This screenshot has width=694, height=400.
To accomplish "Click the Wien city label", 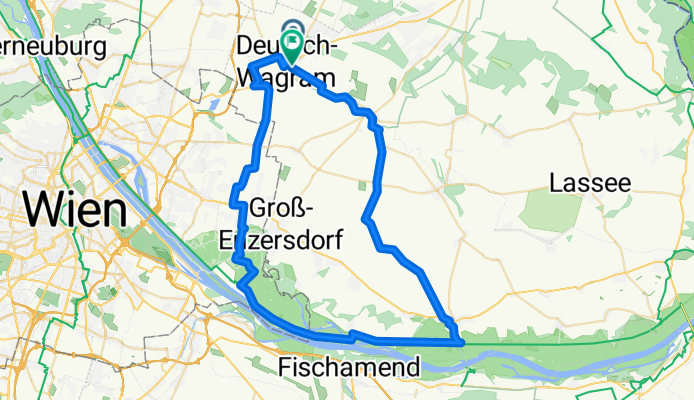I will point(76,210).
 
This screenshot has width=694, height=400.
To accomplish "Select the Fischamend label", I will point(349,366).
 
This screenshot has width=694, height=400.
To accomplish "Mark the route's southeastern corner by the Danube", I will point(460,342).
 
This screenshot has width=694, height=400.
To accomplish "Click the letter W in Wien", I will point(45,210).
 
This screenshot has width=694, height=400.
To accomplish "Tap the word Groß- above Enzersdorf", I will point(283,208).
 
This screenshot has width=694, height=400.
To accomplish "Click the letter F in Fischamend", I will point(287,366).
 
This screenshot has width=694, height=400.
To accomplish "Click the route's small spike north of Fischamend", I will point(353,334).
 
